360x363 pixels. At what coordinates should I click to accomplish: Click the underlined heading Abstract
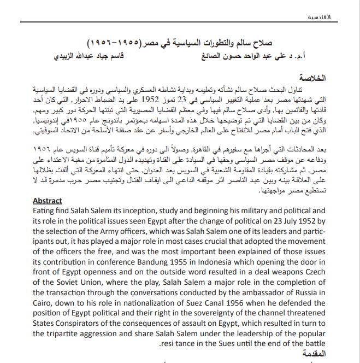pyautogui.click(x=48, y=201)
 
